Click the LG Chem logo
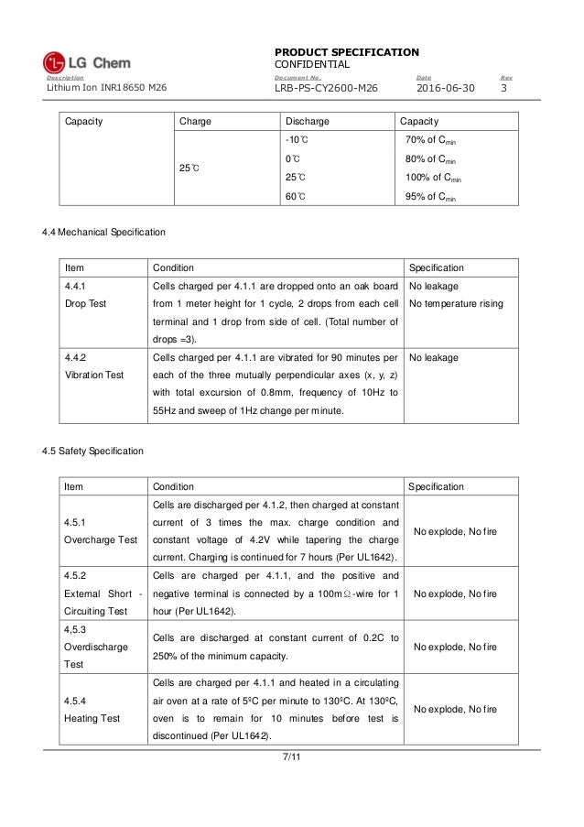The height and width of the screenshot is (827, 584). [x=87, y=62]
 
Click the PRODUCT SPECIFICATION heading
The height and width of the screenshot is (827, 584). [x=346, y=51]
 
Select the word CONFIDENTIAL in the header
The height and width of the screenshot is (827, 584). [x=312, y=64]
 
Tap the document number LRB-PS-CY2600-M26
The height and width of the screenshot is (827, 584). [x=327, y=88]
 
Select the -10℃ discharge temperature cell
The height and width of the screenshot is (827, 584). [x=296, y=139]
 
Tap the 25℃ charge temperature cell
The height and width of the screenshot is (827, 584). [x=189, y=169]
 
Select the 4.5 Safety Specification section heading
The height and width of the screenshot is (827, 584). [x=96, y=452]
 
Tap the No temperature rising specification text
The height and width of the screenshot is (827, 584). [x=455, y=303]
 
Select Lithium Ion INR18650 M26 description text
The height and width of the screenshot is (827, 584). [x=103, y=88]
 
